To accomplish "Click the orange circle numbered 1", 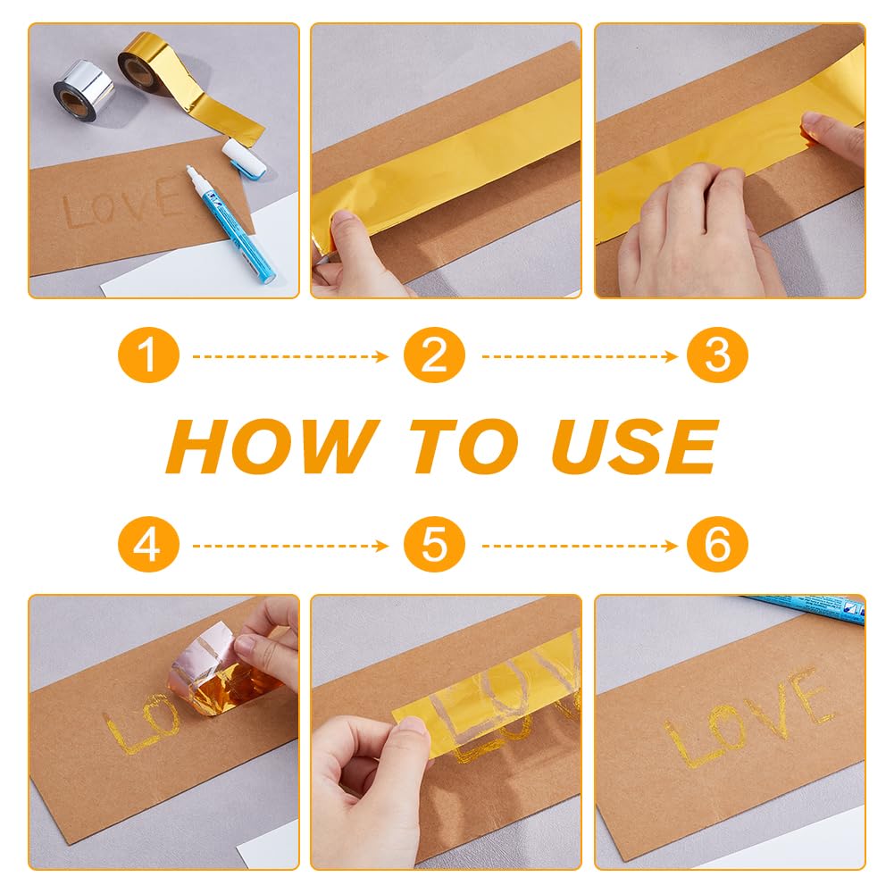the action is (148, 355).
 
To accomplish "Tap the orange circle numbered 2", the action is (434, 355).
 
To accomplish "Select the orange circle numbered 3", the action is (717, 355).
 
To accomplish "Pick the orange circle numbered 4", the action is (148, 544).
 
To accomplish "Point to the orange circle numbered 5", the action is (434, 544).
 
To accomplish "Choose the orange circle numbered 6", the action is (717, 544).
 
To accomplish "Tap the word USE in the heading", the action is (634, 446).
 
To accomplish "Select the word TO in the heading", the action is (463, 446).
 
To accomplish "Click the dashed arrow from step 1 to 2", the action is (290, 357).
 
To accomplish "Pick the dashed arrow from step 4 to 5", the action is (290, 547).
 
